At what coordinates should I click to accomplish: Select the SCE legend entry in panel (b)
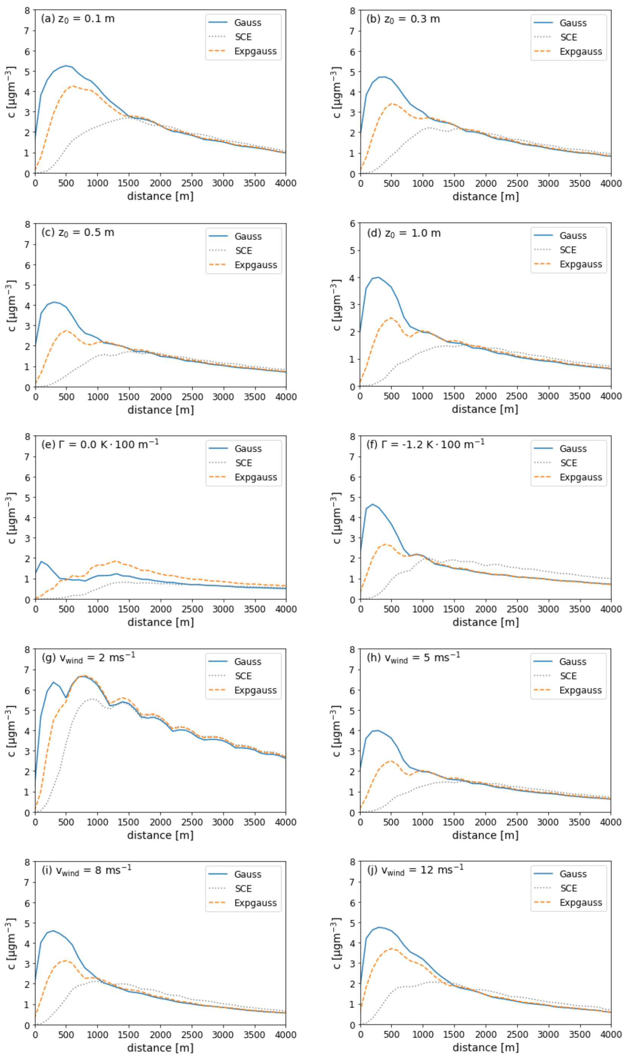pyautogui.click(x=568, y=37)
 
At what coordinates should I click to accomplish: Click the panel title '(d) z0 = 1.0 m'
pyautogui.click(x=403, y=233)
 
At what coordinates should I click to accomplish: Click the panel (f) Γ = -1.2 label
pyautogui.click(x=425, y=444)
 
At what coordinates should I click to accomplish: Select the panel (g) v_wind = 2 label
pyautogui.click(x=88, y=658)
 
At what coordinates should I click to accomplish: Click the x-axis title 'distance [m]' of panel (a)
pyautogui.click(x=160, y=196)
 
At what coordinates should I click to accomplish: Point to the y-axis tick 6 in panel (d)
pyautogui.click(x=352, y=223)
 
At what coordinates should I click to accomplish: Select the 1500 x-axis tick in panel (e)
pyautogui.click(x=128, y=609)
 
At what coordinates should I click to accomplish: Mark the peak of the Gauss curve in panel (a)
pyautogui.click(x=66, y=65)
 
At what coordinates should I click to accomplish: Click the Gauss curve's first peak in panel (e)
pyautogui.click(x=41, y=562)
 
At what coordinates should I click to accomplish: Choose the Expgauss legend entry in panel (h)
pyautogui.click(x=580, y=690)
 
